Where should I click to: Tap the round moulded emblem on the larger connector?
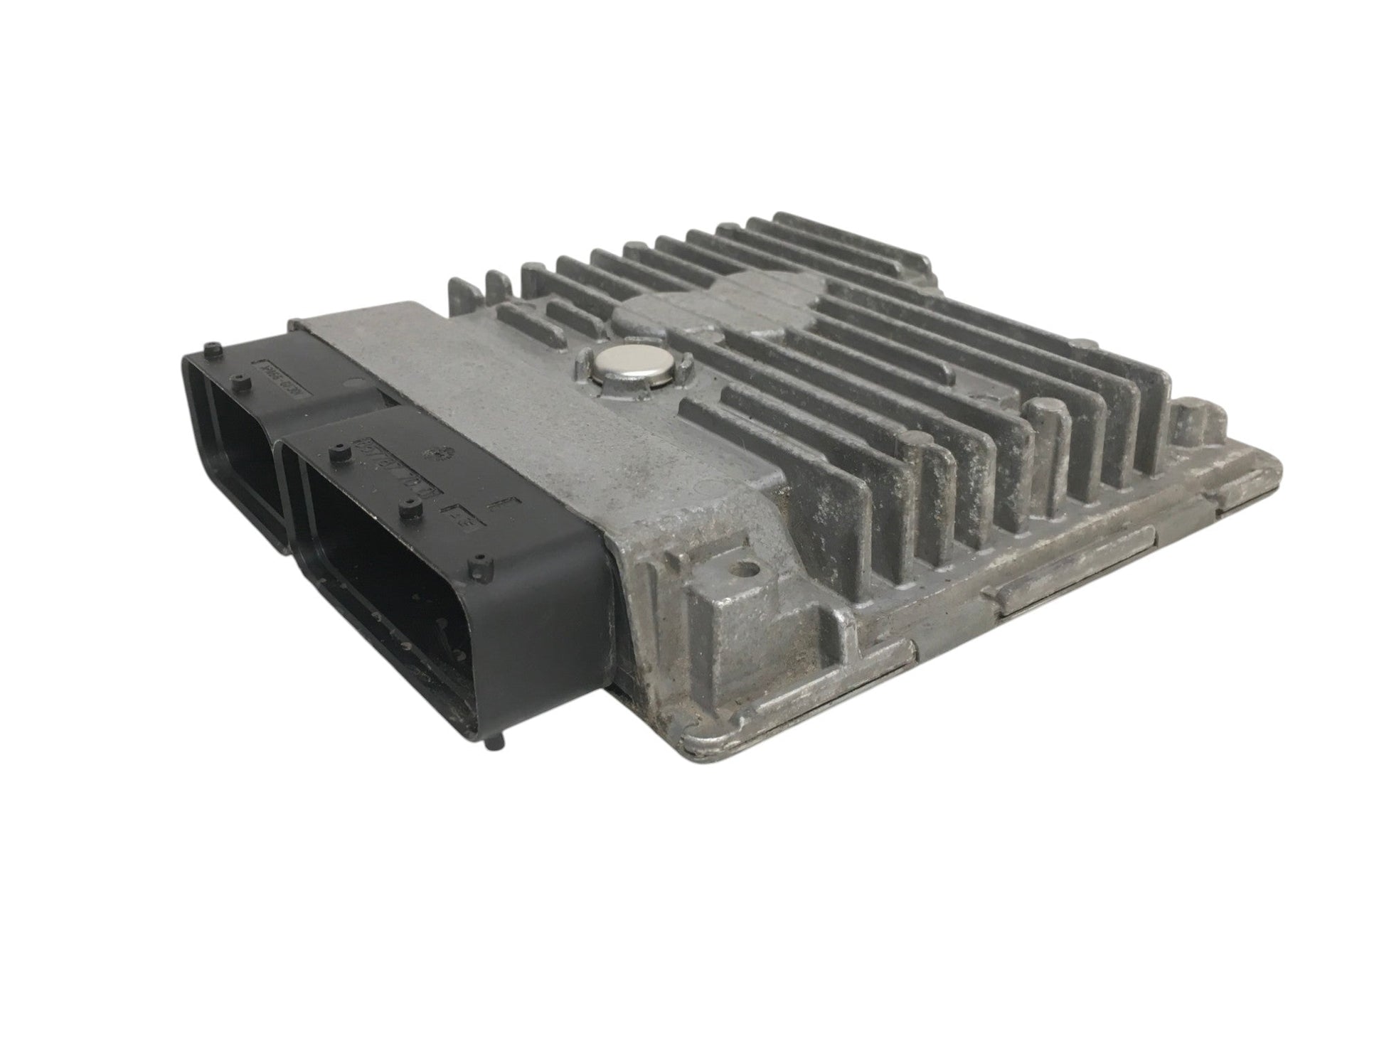pos(429,454)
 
